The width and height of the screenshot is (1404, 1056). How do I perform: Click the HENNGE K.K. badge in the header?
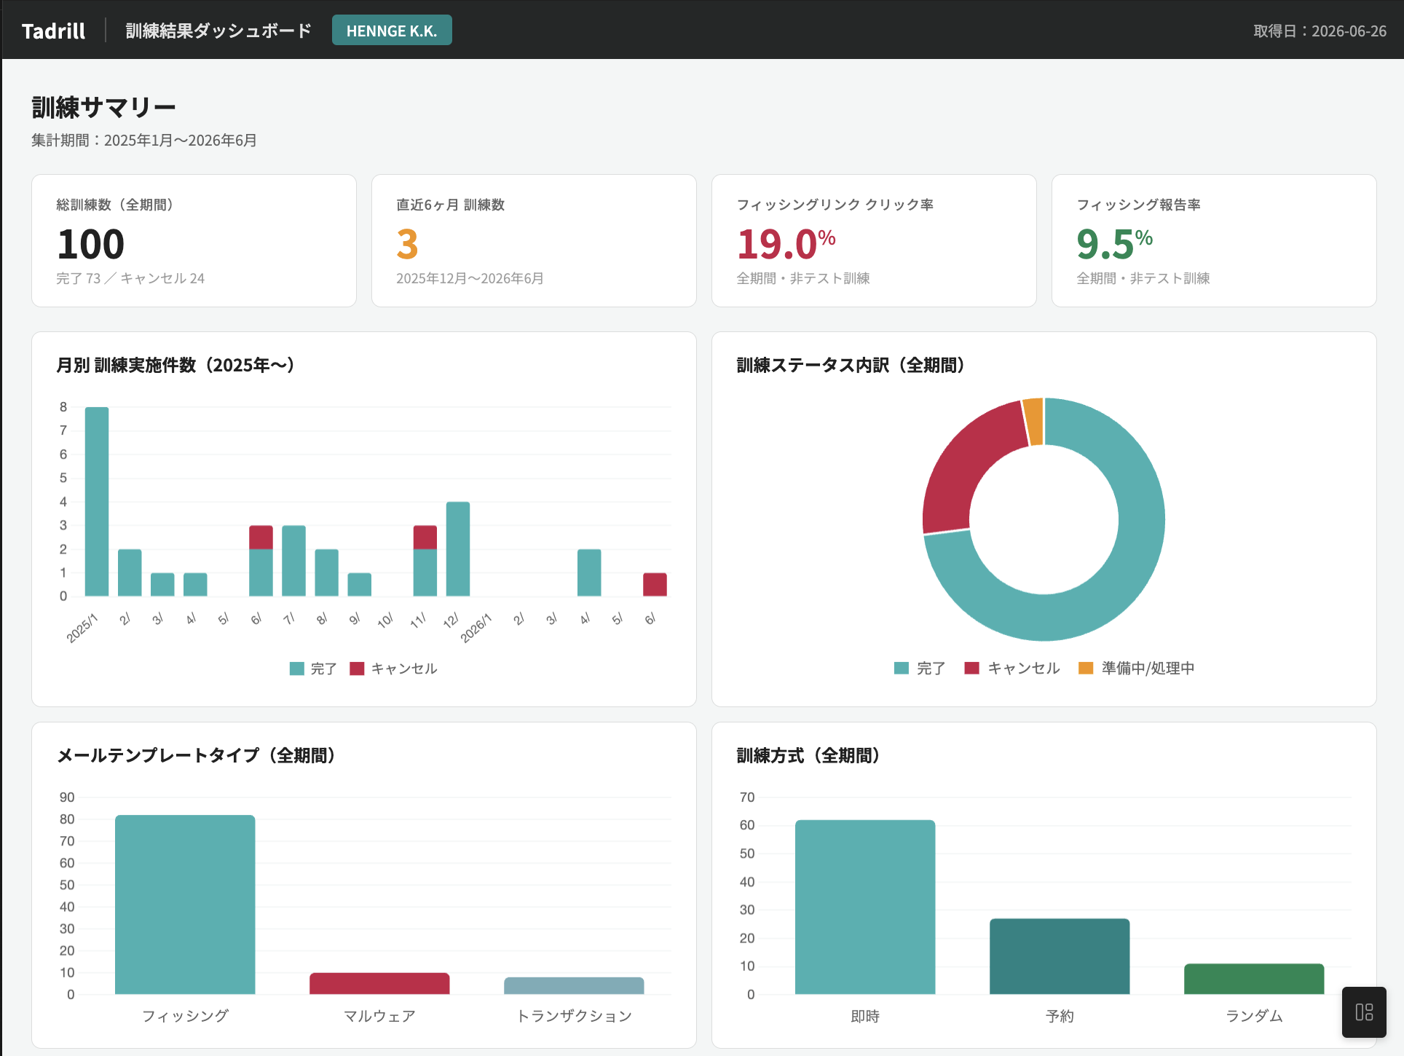pyautogui.click(x=392, y=31)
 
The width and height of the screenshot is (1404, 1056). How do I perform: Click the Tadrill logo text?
pyautogui.click(x=53, y=31)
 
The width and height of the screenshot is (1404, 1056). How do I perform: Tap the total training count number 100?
pyautogui.click(x=91, y=244)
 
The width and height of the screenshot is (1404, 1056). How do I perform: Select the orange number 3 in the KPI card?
pyautogui.click(x=407, y=244)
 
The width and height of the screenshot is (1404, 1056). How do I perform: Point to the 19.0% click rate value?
pyautogui.click(x=786, y=244)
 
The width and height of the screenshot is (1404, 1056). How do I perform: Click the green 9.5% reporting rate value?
pyautogui.click(x=1114, y=244)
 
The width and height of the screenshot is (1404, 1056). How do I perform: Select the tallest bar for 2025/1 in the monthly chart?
pyautogui.click(x=97, y=502)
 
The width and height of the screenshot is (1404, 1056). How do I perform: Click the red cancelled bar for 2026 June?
pyautogui.click(x=655, y=585)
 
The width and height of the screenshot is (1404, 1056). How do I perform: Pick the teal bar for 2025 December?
pyautogui.click(x=458, y=549)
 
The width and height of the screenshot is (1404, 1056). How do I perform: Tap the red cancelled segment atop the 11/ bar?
pyautogui.click(x=425, y=537)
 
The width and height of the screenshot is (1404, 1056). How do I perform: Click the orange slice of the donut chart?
pyautogui.click(x=1033, y=421)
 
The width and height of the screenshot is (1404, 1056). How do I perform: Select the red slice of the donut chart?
pyautogui.click(x=969, y=466)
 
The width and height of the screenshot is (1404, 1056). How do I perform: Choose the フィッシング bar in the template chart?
pyautogui.click(x=185, y=905)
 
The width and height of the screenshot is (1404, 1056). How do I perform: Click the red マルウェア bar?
pyautogui.click(x=379, y=983)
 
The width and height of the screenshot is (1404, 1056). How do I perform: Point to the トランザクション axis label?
pyautogui.click(x=574, y=1016)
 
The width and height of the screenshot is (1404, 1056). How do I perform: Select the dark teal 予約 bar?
pyautogui.click(x=1060, y=956)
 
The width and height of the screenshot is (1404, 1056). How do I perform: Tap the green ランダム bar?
pyautogui.click(x=1254, y=979)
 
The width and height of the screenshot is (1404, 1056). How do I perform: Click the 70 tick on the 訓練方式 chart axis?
pyautogui.click(x=747, y=797)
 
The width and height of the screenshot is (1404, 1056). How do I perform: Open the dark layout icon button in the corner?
pyautogui.click(x=1364, y=1012)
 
